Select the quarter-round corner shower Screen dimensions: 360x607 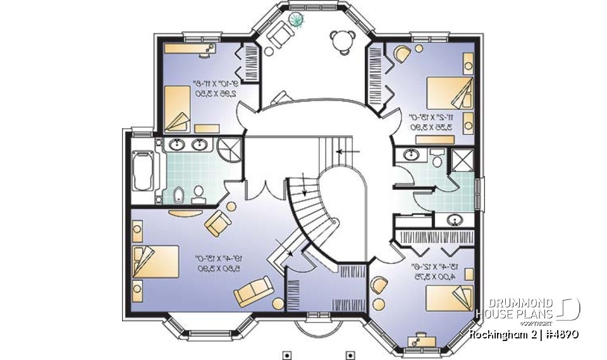[226, 149]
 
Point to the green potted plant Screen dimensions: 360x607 [296, 20]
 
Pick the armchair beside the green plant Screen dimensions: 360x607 [278, 35]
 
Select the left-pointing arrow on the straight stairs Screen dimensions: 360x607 [345, 152]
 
